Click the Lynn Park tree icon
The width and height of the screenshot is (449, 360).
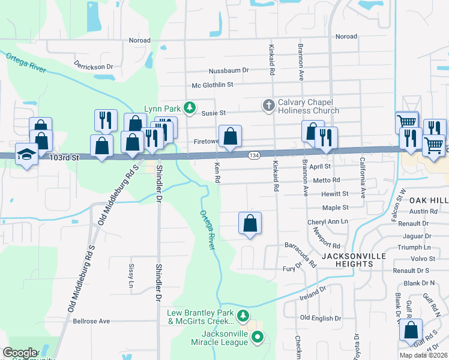tap(190, 108)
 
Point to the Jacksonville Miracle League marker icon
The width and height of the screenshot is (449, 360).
tap(258, 338)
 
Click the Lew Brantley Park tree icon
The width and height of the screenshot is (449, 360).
tap(243, 315)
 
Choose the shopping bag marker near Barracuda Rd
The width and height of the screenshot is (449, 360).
tap(250, 224)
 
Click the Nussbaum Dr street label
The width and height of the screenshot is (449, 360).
tap(228, 71)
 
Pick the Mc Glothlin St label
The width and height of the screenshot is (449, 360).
tap(212, 85)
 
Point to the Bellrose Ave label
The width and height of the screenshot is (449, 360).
tap(91, 321)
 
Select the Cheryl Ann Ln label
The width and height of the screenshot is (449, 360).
tap(328, 221)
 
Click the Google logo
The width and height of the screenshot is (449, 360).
tap(20, 353)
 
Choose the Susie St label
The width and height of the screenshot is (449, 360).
tap(213, 113)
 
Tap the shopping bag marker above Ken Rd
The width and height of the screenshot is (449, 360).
tap(230, 137)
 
